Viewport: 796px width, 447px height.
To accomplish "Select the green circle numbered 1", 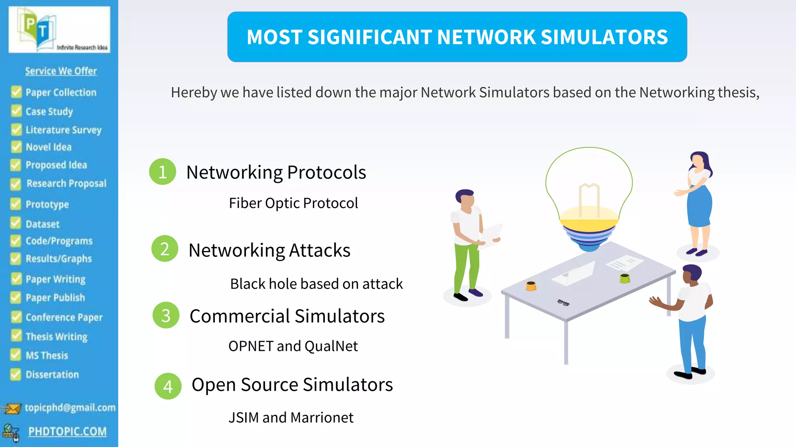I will (x=162, y=172).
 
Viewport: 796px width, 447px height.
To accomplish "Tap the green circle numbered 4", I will (x=168, y=386).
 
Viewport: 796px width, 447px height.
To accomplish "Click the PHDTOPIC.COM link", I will (x=67, y=431).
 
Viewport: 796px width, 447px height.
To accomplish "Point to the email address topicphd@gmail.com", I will (x=70, y=407).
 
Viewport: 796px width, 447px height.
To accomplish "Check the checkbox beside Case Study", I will (x=16, y=111).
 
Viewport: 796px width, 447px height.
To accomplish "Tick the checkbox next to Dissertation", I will (x=16, y=374).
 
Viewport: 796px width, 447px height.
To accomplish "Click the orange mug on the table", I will (x=531, y=286).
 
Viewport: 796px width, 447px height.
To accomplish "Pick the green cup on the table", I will (x=625, y=278).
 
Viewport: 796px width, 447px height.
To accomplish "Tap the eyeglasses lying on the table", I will (x=563, y=303).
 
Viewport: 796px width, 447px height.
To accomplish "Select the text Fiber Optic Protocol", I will (x=293, y=203).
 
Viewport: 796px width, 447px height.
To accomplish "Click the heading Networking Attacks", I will (x=269, y=250).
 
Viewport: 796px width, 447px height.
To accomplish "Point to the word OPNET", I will (x=251, y=346).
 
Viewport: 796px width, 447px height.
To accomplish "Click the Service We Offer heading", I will (x=61, y=71).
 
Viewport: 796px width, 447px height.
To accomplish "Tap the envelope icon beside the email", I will (x=12, y=409).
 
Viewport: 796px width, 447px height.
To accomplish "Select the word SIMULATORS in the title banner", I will (x=604, y=37).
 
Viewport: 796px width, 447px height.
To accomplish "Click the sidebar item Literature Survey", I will (x=63, y=130).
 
